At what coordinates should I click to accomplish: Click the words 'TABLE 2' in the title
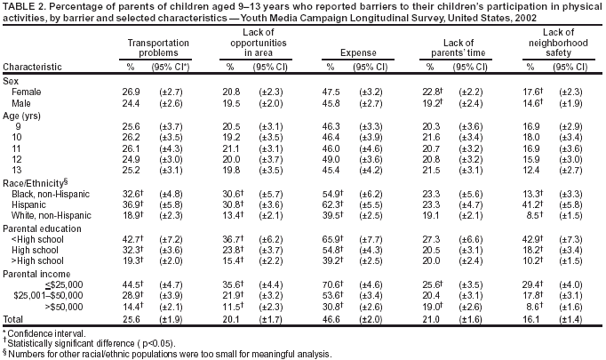[24, 6]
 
